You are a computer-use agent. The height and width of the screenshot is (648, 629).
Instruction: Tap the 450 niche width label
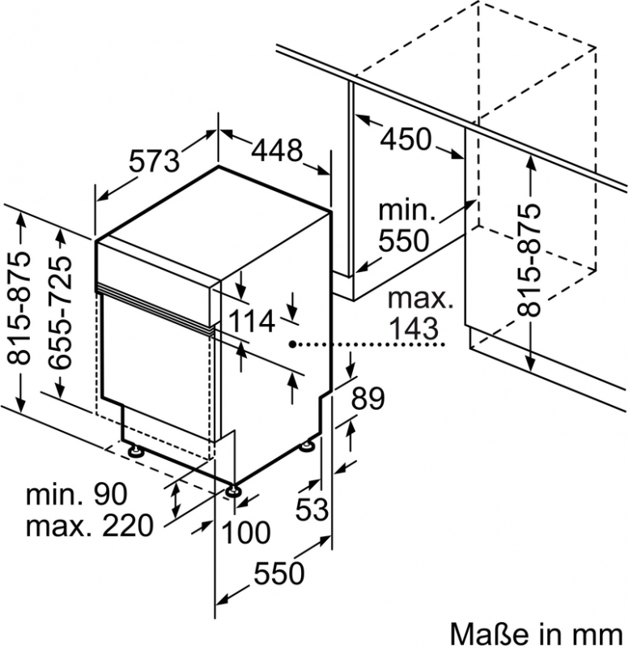coord(406,139)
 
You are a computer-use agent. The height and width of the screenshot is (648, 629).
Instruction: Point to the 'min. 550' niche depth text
coord(407,226)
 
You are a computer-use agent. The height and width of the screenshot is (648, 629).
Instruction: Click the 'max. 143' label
coord(419,313)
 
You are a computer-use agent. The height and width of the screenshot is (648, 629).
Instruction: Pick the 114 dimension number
coord(252,322)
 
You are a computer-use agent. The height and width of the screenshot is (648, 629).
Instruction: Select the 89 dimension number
coord(368,398)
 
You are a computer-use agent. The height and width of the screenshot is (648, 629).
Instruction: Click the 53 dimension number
coord(312,509)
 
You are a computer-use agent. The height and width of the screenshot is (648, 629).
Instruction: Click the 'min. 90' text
coord(77,493)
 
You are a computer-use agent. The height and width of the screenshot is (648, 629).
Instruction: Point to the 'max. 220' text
coord(89,527)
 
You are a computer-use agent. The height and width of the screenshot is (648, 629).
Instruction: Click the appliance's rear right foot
coord(309,446)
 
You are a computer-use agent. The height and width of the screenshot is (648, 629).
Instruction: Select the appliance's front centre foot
coord(234,489)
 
